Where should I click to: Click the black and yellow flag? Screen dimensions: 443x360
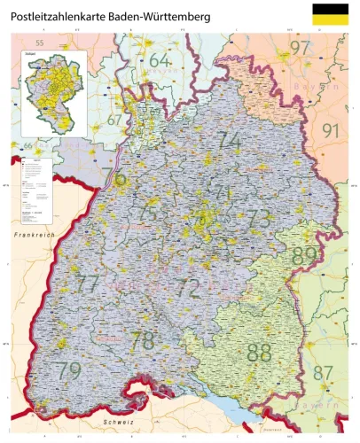[x=330, y=13]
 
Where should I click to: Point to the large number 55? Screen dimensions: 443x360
[x=39, y=43]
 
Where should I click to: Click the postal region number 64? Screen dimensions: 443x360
[x=160, y=60]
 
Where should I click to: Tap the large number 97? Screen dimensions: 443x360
[x=301, y=48]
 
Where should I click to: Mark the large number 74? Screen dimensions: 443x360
[x=229, y=141]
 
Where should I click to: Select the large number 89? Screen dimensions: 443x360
[x=304, y=255]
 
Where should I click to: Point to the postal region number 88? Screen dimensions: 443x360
[x=259, y=353]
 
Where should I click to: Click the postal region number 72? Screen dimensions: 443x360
[x=188, y=286]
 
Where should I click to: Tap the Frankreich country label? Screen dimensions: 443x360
[x=33, y=233]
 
